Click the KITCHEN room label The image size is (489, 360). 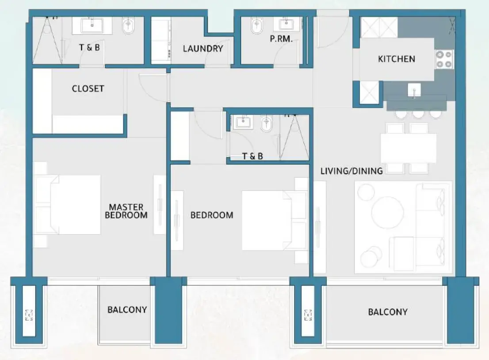[x=396, y=59]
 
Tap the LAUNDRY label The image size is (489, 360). [x=203, y=49]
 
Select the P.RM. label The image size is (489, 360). [x=281, y=39]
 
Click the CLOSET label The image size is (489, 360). [x=88, y=88]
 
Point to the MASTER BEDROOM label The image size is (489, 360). [x=128, y=211]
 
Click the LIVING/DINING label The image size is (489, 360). [x=351, y=171]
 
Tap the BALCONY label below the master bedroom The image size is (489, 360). [x=127, y=310]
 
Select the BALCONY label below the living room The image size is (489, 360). [x=387, y=312]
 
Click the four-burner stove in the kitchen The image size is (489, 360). [x=444, y=59]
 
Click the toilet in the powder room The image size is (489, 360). [x=256, y=27]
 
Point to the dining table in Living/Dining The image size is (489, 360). [x=408, y=148]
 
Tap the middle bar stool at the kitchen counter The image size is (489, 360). [x=418, y=114]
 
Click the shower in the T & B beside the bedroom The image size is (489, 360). [x=294, y=137]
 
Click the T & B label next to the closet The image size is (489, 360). [x=89, y=47]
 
